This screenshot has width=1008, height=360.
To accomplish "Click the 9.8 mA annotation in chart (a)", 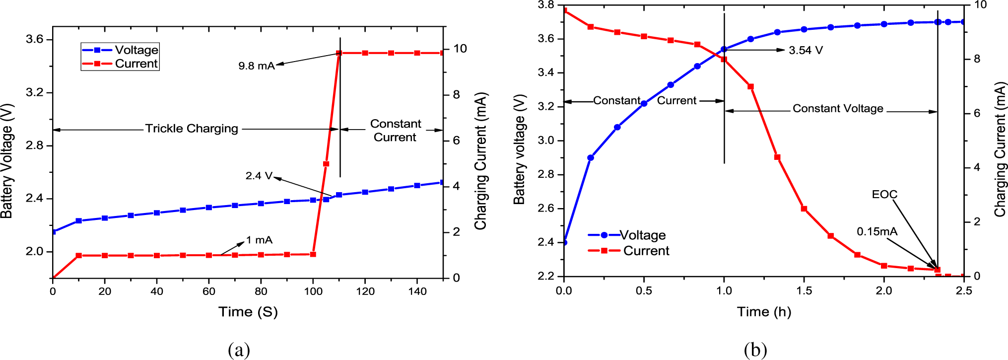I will point(256,66).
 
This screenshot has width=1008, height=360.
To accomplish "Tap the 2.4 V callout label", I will point(259,176).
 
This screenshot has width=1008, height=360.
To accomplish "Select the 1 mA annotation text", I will point(259,240).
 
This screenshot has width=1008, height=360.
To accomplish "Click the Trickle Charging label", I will point(192,129).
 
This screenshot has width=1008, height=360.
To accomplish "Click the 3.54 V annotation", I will point(806,51).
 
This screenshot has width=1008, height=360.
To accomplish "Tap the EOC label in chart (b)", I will point(884,195).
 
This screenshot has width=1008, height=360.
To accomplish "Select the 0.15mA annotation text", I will point(876,232).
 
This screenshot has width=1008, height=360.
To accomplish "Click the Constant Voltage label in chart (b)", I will point(838,109).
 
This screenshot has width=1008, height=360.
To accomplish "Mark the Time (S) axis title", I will point(248,312).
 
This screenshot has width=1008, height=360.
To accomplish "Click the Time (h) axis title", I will point(763,312).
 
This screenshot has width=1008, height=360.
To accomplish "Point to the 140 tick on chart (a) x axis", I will point(417,291).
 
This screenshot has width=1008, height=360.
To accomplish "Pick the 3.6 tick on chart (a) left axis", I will point(35,39).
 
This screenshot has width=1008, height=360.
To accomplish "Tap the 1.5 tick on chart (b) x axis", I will point(804,290).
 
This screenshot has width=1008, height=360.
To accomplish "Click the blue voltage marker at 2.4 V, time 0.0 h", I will point(564,242).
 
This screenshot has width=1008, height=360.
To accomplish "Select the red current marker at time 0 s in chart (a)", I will point(53,278).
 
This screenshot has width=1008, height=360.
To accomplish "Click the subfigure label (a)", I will point(239,350).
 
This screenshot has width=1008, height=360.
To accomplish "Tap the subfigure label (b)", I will point(755,350).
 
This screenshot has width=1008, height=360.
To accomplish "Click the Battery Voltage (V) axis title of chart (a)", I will point(7,160).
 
